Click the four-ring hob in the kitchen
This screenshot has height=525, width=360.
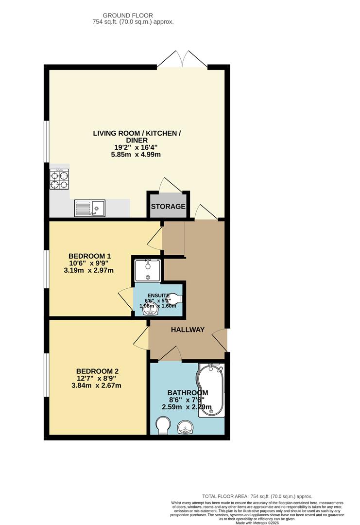pos(59,178)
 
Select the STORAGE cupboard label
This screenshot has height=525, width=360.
pos(168,207)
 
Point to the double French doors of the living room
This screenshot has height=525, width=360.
pos(182,59)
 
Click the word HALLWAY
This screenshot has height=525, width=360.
pos(188,330)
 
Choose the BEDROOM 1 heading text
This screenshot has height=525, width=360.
pos(90,256)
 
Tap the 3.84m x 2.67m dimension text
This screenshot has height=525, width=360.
pos(96,386)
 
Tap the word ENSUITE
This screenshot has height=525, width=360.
pos(159,296)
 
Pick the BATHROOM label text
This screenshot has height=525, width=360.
pos(188,393)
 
